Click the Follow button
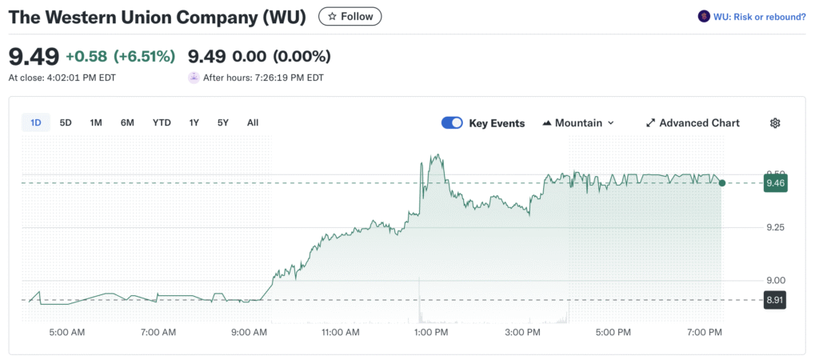click(x=350, y=16)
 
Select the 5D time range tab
click(x=66, y=122)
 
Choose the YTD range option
click(x=162, y=122)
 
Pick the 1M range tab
click(x=96, y=122)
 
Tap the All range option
click(x=253, y=122)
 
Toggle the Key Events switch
click(x=452, y=122)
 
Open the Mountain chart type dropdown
click(x=578, y=122)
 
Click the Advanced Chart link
click(x=693, y=122)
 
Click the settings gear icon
click(x=775, y=122)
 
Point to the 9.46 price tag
click(x=774, y=183)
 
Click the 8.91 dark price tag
click(x=774, y=300)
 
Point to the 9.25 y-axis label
click(x=775, y=227)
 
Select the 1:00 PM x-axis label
click(x=432, y=331)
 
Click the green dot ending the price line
click(x=722, y=183)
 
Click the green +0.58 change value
click(x=86, y=56)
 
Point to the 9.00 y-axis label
click(x=775, y=280)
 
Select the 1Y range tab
click(x=194, y=122)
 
